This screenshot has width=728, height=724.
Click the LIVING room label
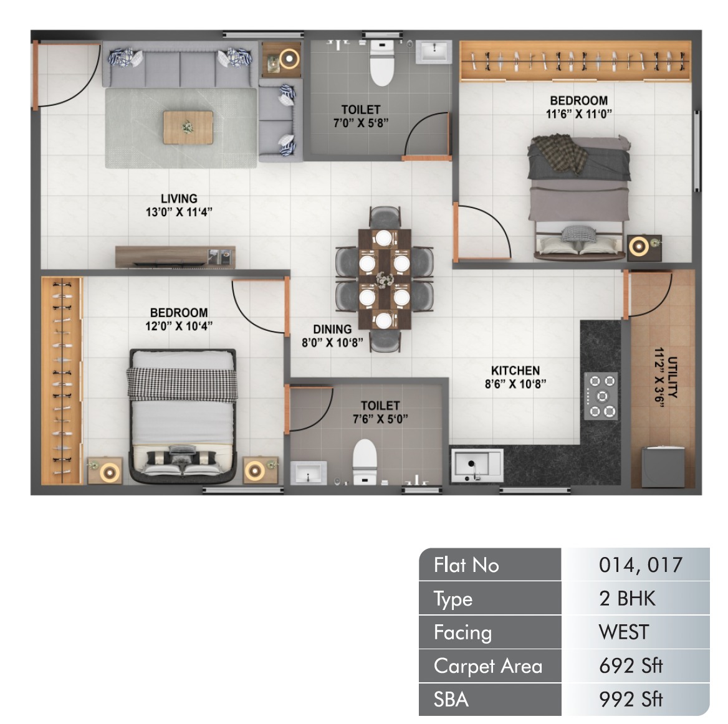[x=180, y=199]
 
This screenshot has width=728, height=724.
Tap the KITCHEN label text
[x=515, y=371]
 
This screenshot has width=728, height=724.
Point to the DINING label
[x=332, y=329]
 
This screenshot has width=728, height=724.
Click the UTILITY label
[x=673, y=378]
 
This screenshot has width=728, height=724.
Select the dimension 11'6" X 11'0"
[x=579, y=114]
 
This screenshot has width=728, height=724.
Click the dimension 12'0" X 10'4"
[x=179, y=326]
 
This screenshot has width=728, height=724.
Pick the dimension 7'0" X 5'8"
[x=361, y=123]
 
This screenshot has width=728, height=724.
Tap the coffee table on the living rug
[x=188, y=127]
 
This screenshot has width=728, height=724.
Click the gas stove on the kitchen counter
[x=601, y=396]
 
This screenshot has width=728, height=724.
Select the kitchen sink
[x=477, y=465]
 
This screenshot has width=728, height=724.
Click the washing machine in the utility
[x=663, y=467]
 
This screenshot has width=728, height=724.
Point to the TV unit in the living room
[x=176, y=257]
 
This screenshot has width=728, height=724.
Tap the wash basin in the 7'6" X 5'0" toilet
[x=309, y=473]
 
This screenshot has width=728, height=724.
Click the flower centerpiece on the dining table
[x=385, y=280]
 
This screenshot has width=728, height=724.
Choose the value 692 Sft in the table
[x=631, y=666]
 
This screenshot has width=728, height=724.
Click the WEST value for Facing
[x=623, y=632]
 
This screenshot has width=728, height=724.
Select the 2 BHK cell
[x=627, y=599]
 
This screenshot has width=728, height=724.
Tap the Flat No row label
[x=466, y=565]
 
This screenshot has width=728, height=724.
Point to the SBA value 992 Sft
[x=631, y=700]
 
